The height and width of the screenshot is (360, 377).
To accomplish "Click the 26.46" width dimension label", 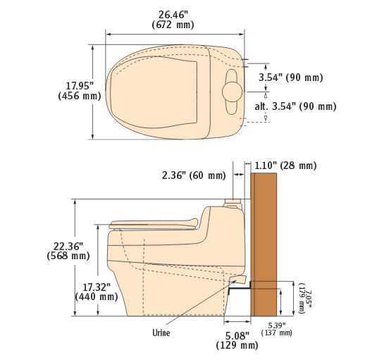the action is pyautogui.click(x=173, y=15).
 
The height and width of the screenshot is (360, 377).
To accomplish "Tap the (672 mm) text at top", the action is pyautogui.click(x=173, y=25).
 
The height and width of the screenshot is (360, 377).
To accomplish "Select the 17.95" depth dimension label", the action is pyautogui.click(x=80, y=86).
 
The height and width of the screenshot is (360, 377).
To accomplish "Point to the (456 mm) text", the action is pyautogui.click(x=80, y=96).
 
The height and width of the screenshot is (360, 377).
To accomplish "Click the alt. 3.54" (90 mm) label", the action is pyautogui.click(x=295, y=106).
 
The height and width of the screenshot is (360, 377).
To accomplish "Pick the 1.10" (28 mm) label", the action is pyautogui.click(x=285, y=166).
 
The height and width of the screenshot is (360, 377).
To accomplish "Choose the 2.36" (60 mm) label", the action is pyautogui.click(x=194, y=175).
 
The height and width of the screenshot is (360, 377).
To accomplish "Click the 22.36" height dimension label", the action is pyautogui.click(x=68, y=247).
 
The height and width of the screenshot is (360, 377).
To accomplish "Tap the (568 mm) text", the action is pyautogui.click(x=68, y=256).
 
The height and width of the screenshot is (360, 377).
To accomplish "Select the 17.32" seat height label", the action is pyautogui.click(x=97, y=287).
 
